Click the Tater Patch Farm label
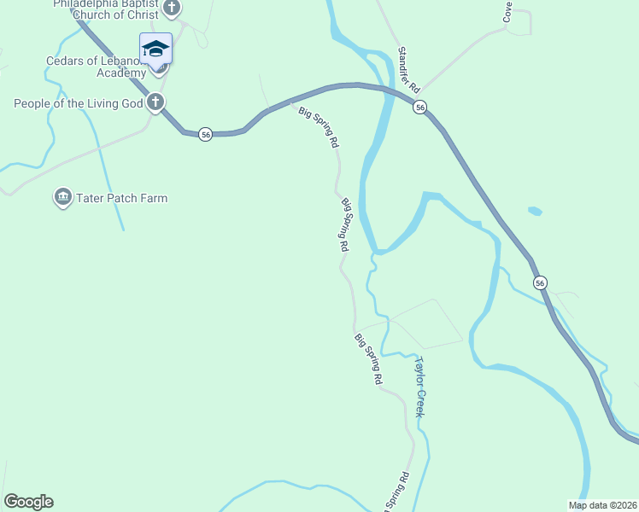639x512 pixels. (121, 198)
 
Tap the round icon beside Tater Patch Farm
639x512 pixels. (62, 198)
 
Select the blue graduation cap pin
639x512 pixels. (155, 49)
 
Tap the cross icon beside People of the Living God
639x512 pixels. (155, 104)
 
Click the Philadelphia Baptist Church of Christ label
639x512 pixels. (106, 9)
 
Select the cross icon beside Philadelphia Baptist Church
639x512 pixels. (172, 9)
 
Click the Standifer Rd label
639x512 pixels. (409, 70)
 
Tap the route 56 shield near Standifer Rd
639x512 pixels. (419, 108)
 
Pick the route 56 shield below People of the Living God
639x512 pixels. (205, 134)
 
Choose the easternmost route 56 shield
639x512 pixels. (540, 282)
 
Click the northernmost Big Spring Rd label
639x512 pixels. (318, 127)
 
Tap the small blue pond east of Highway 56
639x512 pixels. (535, 211)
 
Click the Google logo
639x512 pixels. (28, 502)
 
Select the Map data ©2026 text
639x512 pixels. (601, 504)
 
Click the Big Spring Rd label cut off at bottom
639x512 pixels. (397, 492)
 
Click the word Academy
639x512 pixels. (121, 73)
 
